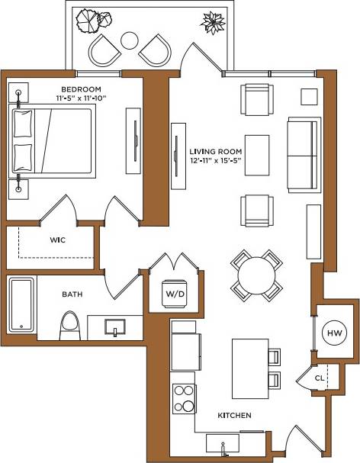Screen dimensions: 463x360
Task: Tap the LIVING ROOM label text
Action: [216, 151]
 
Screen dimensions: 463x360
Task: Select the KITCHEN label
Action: [234, 416]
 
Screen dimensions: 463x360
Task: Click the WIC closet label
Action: [59, 240]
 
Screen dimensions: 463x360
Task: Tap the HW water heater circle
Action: [334, 333]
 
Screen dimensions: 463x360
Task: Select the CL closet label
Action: [320, 378]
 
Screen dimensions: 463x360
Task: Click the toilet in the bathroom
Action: [70, 325]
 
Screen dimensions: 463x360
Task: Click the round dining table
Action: [254, 275]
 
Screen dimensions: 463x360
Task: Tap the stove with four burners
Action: [184, 397]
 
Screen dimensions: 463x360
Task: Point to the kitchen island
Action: [249, 368]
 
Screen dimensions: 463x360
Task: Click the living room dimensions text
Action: [216, 162]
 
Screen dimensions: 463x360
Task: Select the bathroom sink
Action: [114, 328]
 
